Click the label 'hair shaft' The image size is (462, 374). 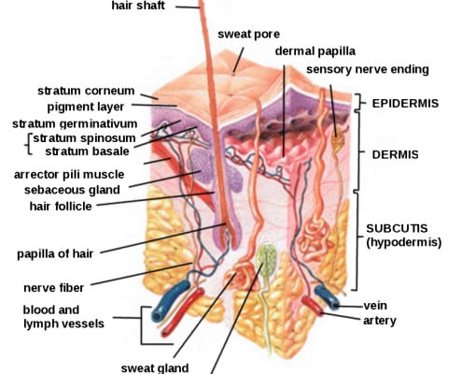[x=138, y=6]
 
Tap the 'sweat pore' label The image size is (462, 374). [x=248, y=34]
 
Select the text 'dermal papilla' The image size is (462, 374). [x=315, y=51]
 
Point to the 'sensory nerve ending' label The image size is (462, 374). [x=368, y=69]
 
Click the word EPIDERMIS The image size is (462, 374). [x=405, y=104]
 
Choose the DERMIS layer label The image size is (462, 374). [x=395, y=154]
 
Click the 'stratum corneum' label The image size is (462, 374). [x=86, y=91]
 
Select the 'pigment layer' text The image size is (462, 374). [x=86, y=108]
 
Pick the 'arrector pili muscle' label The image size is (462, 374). [x=69, y=175]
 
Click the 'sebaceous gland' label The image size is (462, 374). [x=72, y=190]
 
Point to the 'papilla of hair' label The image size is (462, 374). [x=55, y=253]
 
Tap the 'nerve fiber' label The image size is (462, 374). [x=53, y=288]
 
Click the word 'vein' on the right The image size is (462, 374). [x=375, y=306]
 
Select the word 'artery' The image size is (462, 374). [x=380, y=321]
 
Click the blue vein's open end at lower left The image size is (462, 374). [x=156, y=316]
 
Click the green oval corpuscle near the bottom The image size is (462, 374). [x=266, y=259]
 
